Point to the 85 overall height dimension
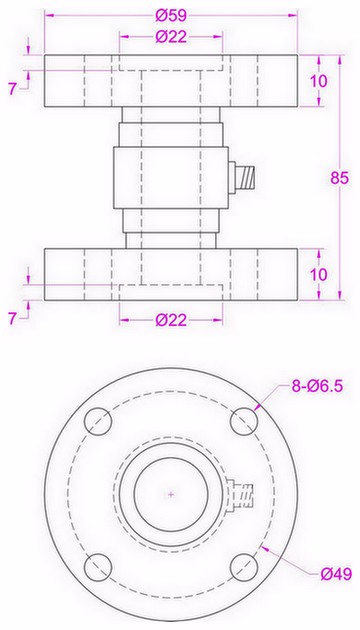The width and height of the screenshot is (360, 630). pyautogui.click(x=339, y=177)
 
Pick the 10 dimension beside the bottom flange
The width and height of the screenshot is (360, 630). pyautogui.click(x=318, y=273)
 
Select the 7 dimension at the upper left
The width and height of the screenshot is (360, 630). pyautogui.click(x=13, y=89)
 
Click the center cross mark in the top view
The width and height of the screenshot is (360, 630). pyautogui.click(x=173, y=494)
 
